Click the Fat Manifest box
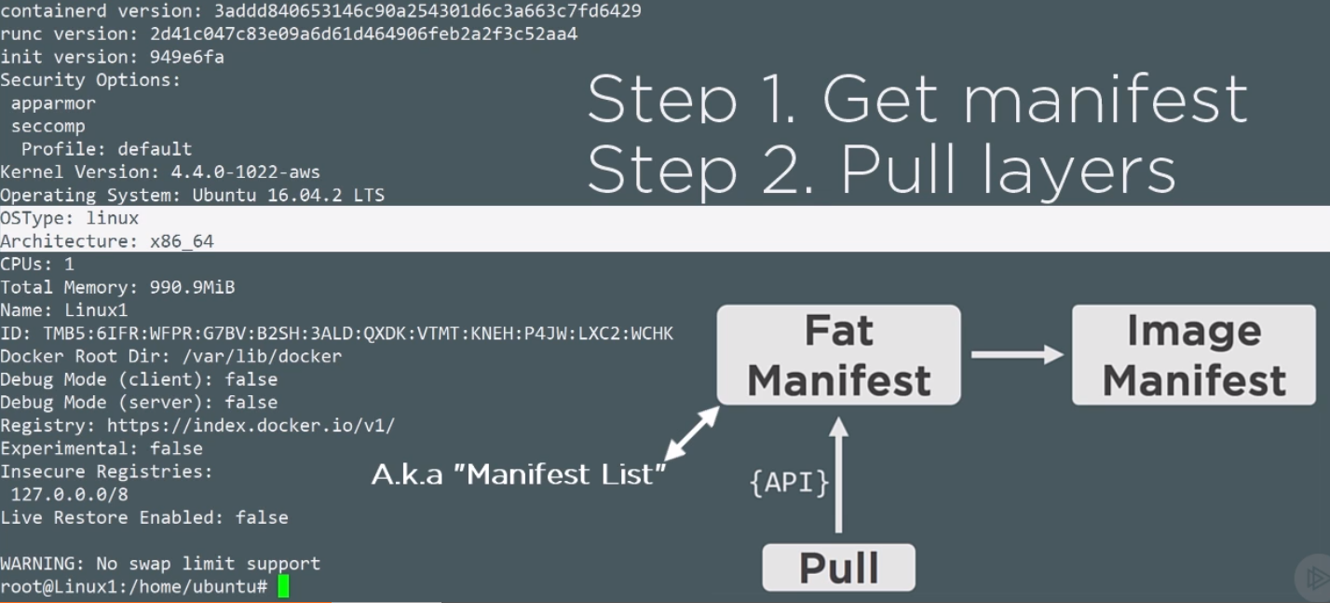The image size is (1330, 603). coord(838,355)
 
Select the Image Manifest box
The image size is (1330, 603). coord(1193,355)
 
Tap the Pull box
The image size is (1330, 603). coord(838,568)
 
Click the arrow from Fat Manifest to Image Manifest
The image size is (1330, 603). coord(1017,355)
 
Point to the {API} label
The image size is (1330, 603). coord(789,483)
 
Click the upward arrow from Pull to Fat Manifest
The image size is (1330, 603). coord(838,474)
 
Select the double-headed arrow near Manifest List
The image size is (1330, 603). coord(692,433)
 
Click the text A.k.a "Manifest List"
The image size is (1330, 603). coord(519,474)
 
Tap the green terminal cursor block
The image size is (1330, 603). coord(283,586)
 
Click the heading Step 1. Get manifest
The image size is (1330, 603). coord(917,99)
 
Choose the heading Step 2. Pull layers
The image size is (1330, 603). coord(881,170)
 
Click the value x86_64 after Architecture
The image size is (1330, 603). coord(182,241)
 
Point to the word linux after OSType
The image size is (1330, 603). coord(112,218)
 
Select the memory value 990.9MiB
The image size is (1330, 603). coord(193,288)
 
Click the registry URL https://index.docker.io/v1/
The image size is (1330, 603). coord(251,425)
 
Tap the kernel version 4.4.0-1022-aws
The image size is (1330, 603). coord(245,172)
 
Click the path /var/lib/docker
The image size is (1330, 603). coord(262,356)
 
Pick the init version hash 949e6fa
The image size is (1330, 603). coord(187,57)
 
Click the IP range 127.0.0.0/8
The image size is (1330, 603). coord(70,494)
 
